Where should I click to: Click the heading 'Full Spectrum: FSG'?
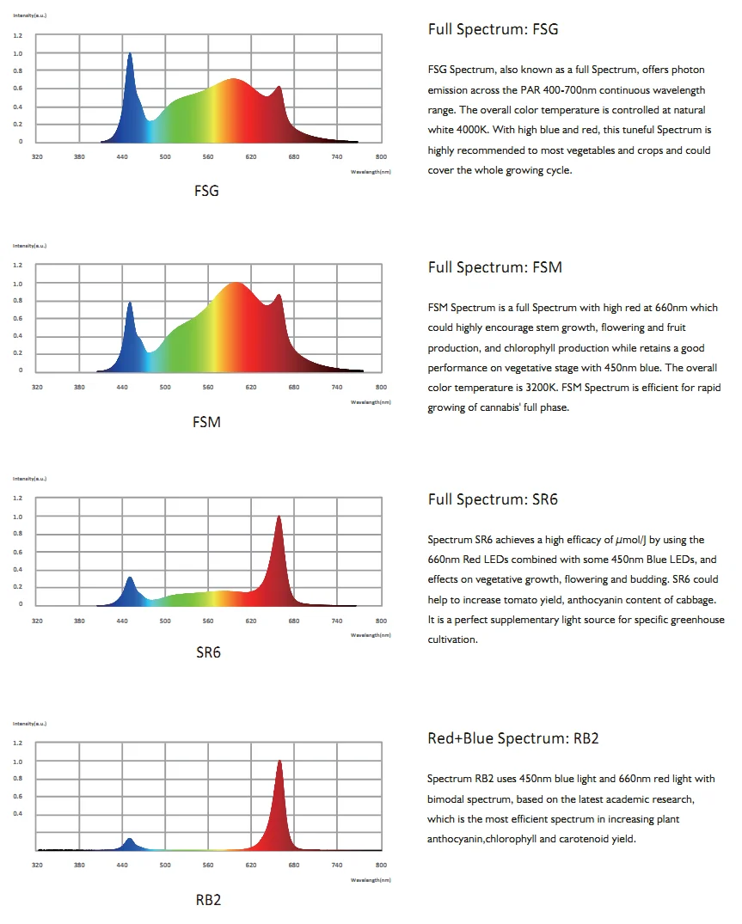(493, 29)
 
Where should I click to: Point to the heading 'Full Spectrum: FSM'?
(494, 267)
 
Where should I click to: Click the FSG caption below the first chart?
(206, 191)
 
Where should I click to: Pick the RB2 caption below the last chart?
(208, 900)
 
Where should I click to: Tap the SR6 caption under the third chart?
(208, 652)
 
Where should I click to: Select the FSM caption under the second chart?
(206, 422)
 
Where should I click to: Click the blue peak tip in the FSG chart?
(130, 54)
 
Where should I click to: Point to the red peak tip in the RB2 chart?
(279, 761)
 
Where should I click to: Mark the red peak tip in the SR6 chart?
(279, 517)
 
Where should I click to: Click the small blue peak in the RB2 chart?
(130, 839)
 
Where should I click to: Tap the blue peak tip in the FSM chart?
(130, 303)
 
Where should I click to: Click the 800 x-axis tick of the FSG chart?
(381, 157)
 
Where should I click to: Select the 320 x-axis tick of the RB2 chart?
(37, 866)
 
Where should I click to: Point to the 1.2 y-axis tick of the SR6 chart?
(18, 499)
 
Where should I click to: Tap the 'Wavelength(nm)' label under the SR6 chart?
(371, 635)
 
